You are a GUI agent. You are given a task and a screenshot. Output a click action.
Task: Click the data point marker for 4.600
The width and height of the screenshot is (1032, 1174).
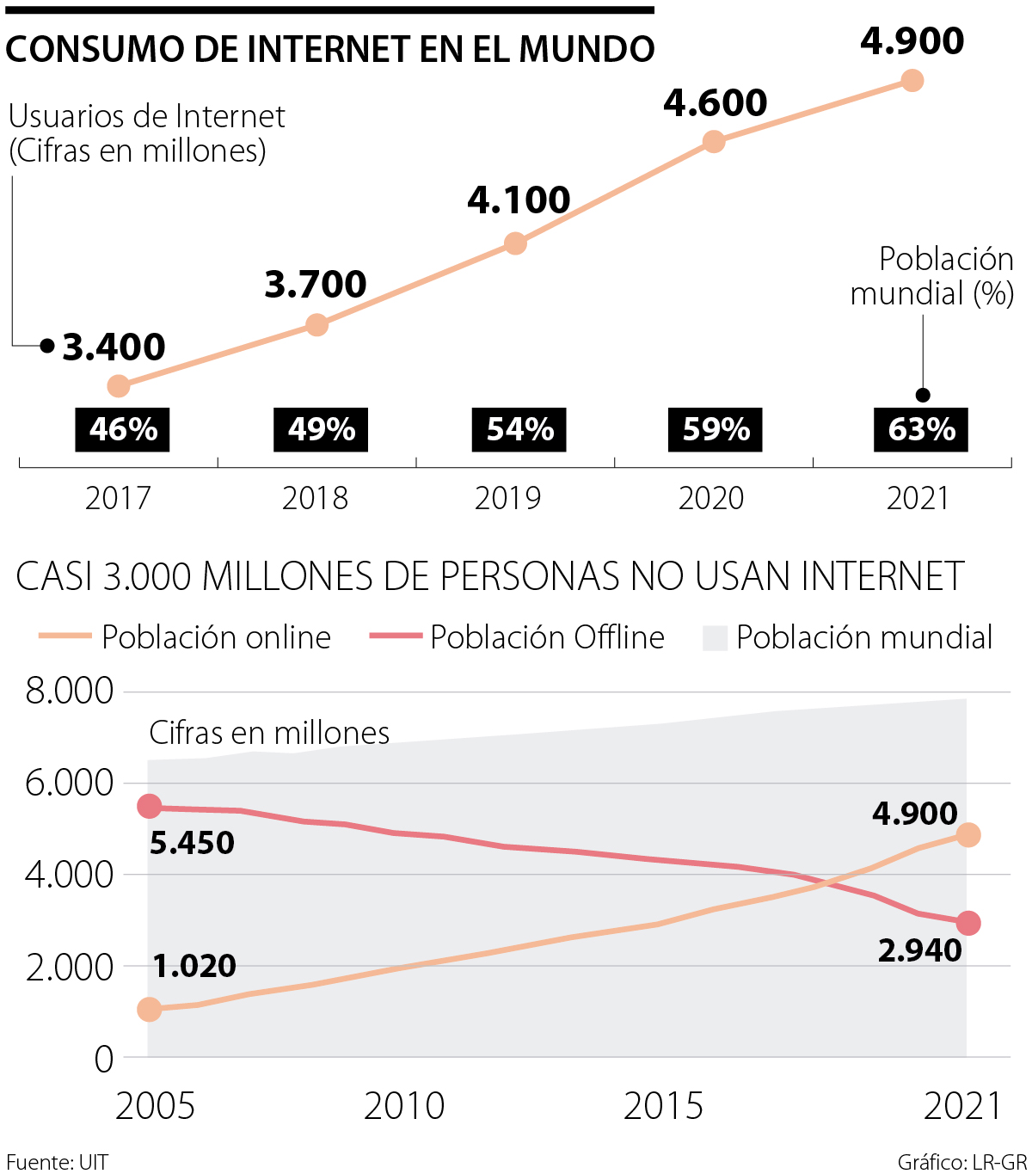tap(713, 141)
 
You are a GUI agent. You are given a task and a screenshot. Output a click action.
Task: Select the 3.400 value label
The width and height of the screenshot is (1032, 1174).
tap(114, 347)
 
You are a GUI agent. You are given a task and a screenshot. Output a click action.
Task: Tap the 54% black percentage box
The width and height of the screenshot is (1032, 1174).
tap(519, 429)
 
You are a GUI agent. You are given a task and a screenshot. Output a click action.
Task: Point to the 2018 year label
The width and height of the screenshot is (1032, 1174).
tap(315, 498)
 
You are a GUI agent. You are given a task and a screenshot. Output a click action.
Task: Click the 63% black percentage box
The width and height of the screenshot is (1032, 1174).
tap(921, 429)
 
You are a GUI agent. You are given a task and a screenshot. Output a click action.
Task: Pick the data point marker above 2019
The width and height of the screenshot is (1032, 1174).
tap(514, 243)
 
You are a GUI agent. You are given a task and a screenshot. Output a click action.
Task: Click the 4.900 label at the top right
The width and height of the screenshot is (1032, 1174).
tap(912, 41)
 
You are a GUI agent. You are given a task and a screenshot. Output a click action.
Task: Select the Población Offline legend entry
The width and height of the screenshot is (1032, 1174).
tap(517, 637)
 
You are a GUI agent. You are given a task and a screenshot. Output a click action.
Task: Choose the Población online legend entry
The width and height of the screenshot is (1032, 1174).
tap(185, 637)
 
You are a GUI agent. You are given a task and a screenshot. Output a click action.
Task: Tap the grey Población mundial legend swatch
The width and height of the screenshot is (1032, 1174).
tap(715, 638)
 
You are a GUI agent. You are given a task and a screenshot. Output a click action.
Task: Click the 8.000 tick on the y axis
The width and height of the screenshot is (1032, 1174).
tap(70, 691)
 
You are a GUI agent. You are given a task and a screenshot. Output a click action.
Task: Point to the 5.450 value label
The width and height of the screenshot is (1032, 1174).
tap(192, 843)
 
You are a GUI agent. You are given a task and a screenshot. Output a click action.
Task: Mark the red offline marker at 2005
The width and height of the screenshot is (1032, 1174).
tap(150, 806)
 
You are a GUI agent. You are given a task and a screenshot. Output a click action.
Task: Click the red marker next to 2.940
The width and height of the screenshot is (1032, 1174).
tap(968, 923)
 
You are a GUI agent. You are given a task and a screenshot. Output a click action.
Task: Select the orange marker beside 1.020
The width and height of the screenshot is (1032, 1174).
tap(150, 1009)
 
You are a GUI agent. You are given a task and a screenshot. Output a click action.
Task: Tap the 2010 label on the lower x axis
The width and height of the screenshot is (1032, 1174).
tap(404, 1106)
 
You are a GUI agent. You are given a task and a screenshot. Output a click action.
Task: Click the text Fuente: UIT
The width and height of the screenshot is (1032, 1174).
tap(57, 1162)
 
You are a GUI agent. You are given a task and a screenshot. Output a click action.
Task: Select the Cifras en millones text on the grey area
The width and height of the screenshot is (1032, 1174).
tap(269, 733)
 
